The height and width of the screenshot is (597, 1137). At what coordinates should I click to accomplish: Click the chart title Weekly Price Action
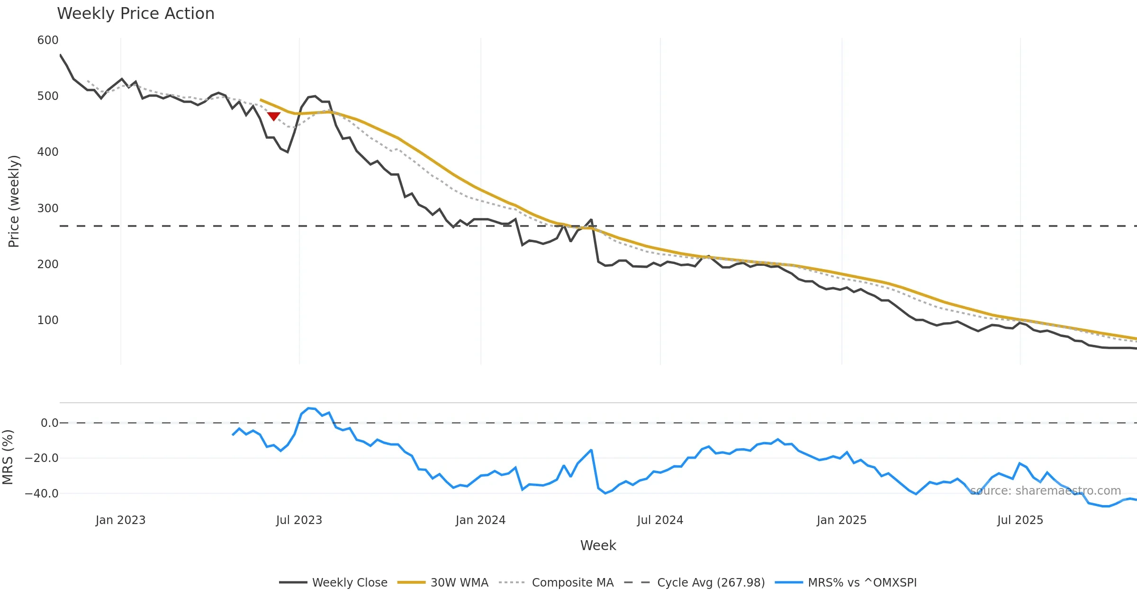click(135, 14)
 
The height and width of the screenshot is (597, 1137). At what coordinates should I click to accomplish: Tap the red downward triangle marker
click(274, 116)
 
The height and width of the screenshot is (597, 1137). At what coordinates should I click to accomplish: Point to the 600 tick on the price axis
click(48, 40)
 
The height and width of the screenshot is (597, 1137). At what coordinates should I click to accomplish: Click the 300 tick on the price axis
click(48, 208)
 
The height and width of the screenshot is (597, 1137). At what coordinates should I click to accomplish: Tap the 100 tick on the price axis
click(48, 320)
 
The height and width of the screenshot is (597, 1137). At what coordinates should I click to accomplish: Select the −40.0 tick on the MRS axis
click(42, 493)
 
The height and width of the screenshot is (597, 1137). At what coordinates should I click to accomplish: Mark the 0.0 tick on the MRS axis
click(49, 423)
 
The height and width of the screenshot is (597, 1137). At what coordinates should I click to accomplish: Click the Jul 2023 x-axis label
click(299, 520)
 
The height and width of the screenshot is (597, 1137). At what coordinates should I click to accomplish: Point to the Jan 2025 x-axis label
click(841, 520)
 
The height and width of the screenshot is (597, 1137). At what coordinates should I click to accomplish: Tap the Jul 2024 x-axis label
click(660, 520)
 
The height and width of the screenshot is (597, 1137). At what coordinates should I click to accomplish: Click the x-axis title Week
click(598, 545)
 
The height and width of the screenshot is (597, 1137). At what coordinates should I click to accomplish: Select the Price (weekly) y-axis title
click(14, 201)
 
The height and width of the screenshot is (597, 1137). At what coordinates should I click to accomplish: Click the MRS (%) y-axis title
click(8, 457)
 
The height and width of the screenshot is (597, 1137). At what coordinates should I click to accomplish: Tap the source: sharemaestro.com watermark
click(1046, 490)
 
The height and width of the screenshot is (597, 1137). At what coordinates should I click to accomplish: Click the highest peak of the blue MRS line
click(308, 408)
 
